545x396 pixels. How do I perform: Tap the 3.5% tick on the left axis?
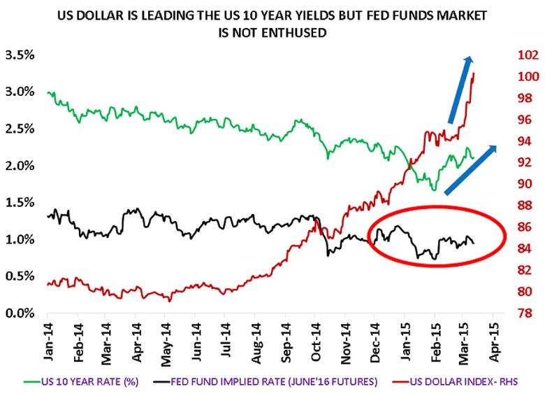[21, 55]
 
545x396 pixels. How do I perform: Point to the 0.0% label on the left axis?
[21, 313]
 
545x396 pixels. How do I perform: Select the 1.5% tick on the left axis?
[21, 203]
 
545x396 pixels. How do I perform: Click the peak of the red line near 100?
[474, 73]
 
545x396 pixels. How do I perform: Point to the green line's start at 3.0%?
[48, 92]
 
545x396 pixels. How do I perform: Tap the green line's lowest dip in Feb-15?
[433, 190]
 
